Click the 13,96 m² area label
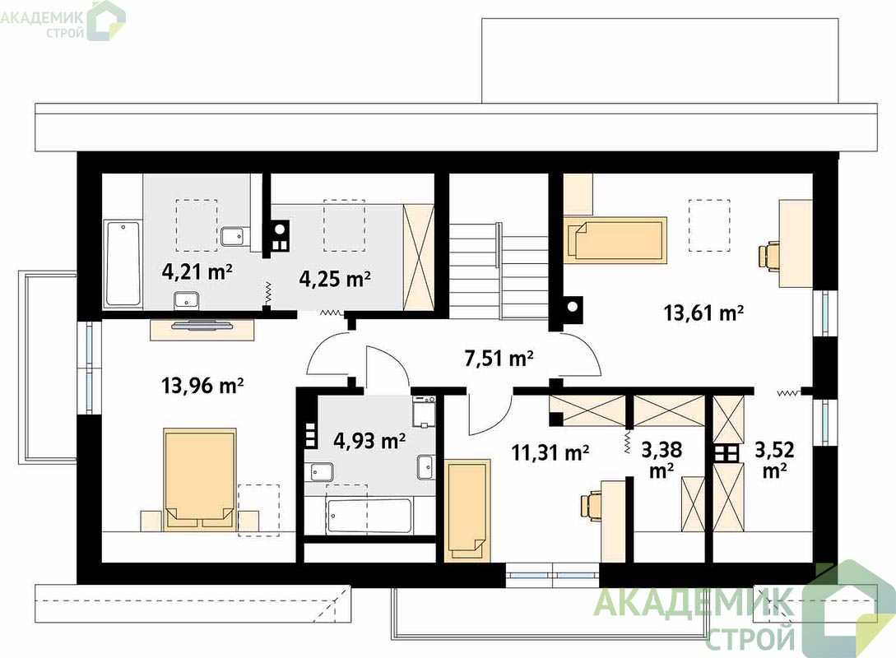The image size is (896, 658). coord(203,386)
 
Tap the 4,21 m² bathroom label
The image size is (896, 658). coord(197,272)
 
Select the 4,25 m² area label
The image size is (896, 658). coord(336,279)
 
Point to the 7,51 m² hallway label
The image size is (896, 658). coord(499,359)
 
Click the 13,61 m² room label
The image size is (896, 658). coord(703,313)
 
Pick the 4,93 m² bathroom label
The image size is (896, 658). coord(369,441)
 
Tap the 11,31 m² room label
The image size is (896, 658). coord(550,453)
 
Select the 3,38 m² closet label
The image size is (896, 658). coord(662,459)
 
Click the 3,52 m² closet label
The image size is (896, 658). coord(775,459)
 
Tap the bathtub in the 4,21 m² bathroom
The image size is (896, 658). coord(123,264)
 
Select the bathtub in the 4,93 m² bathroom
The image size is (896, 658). coord(369,517)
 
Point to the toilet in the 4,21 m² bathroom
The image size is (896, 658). coord(234,237)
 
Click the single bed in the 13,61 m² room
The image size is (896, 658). coord(616,239)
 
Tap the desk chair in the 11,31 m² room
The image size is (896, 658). coord(591,505)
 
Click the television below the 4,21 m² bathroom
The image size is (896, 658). coord(202,327)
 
